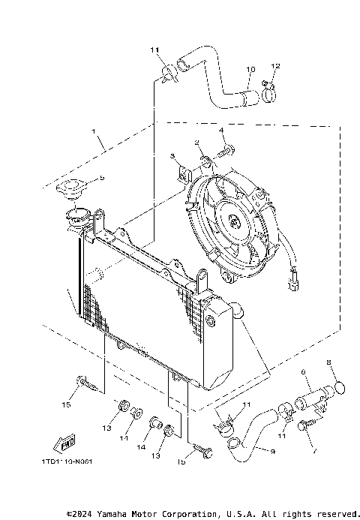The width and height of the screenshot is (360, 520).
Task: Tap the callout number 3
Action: pyautogui.click(x=172, y=157)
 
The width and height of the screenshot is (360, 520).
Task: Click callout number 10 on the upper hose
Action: pyautogui.click(x=250, y=72)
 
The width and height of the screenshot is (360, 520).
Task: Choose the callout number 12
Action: pyautogui.click(x=274, y=67)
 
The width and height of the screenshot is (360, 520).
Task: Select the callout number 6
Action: pyautogui.click(x=304, y=372)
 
